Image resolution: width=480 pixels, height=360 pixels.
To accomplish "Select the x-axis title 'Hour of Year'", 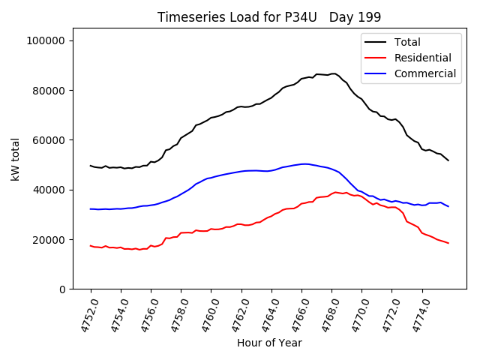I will (x=269, y=343).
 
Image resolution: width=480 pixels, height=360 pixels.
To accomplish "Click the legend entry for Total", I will (x=407, y=42).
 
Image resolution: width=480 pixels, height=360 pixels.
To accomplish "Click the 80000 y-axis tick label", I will (x=49, y=90).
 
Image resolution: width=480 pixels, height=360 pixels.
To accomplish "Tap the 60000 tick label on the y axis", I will (x=49, y=140).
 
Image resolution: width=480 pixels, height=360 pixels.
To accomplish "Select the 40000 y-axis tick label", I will (x=49, y=190).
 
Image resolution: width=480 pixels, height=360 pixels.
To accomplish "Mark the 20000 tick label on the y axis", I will (x=49, y=240).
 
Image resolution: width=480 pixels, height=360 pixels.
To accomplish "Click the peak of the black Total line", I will (x=333, y=73).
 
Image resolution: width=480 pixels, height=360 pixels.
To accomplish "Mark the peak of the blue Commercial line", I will (x=304, y=163).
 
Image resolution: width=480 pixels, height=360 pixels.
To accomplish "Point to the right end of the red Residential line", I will (x=448, y=243).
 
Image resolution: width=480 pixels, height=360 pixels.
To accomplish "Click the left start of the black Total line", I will (x=91, y=166).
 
